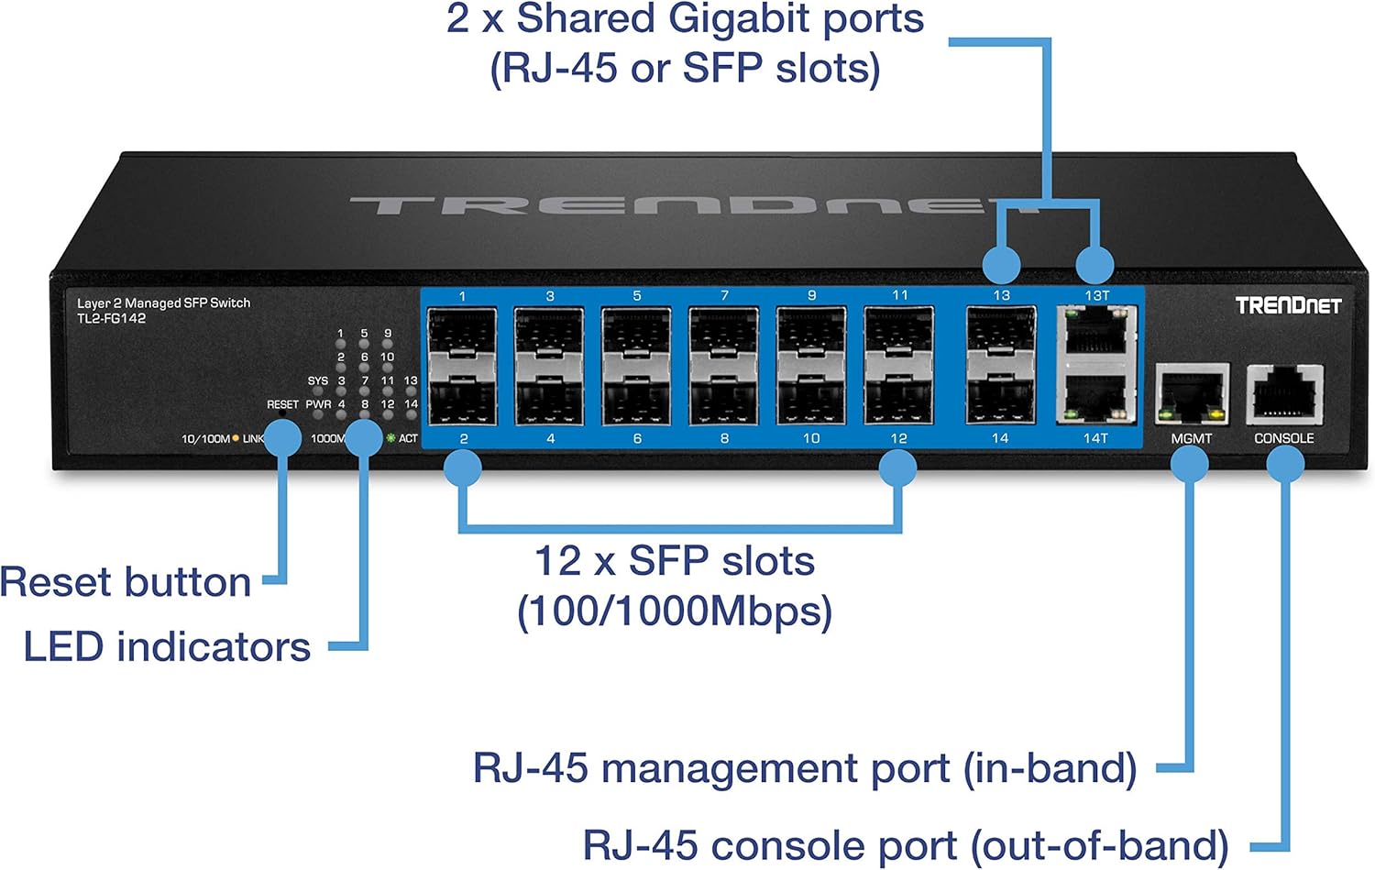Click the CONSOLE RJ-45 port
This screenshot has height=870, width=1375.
1284,394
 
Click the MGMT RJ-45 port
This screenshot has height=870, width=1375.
1192,394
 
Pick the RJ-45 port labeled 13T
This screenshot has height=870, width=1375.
1096,331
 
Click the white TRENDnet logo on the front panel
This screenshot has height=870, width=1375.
1287,305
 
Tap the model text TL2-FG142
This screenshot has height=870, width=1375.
111,318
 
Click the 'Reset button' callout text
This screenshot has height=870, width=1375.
126,582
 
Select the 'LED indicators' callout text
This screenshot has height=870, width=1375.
167,647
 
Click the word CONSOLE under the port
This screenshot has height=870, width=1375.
1283,438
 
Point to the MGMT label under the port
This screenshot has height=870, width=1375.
1191,439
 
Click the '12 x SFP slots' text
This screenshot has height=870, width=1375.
674,561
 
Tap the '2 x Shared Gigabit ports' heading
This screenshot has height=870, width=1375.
685,19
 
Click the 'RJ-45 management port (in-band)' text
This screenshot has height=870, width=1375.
804,768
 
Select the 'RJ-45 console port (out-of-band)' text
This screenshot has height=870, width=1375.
905,845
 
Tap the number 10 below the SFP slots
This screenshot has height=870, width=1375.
811,438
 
